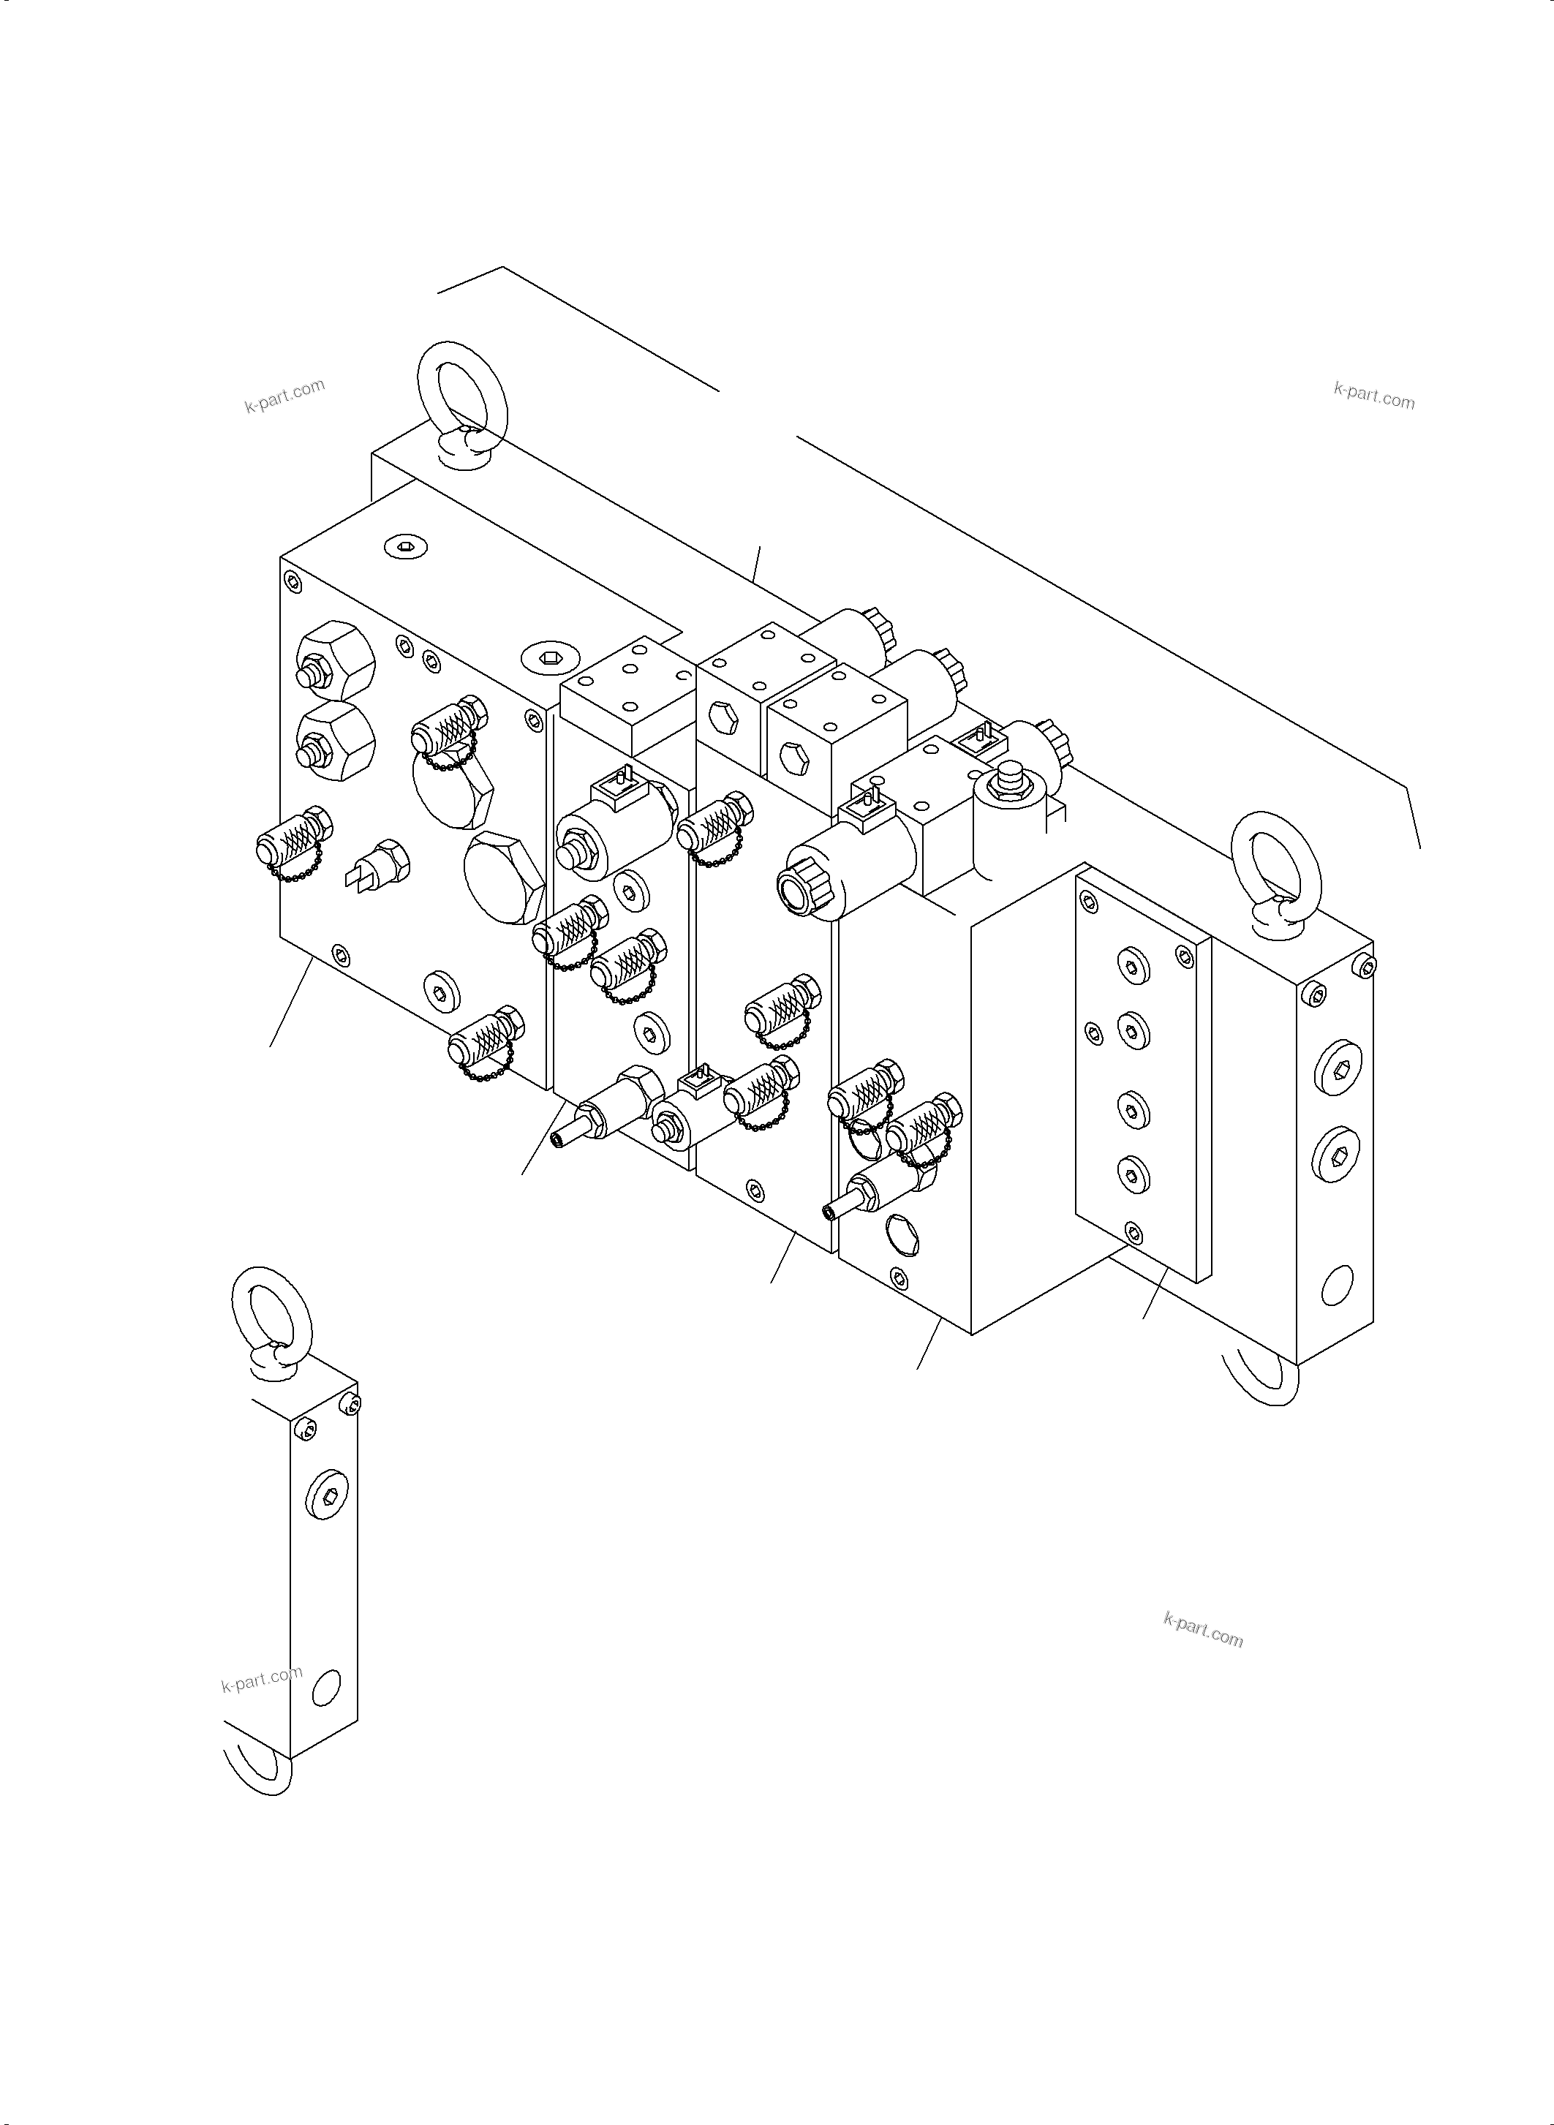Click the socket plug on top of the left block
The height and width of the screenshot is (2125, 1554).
(x=405, y=546)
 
